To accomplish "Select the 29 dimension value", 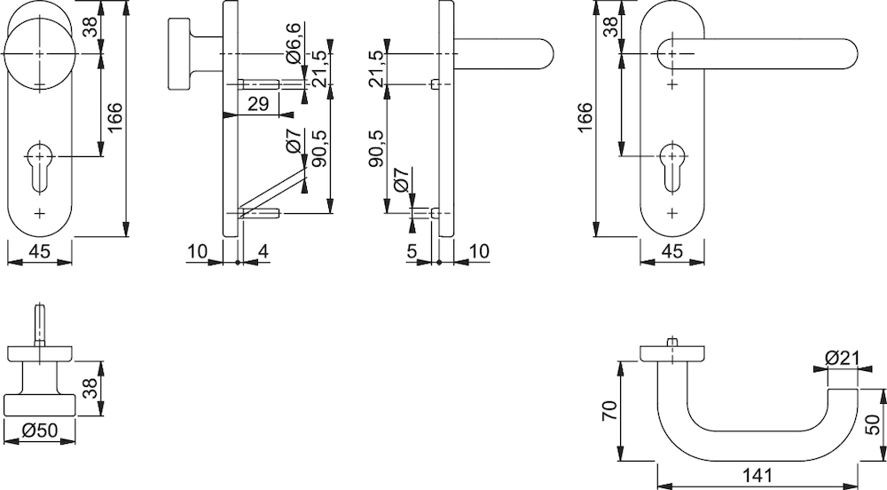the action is pyautogui.click(x=258, y=104).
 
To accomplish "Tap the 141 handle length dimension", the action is pyautogui.click(x=757, y=475).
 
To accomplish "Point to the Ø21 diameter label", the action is pyautogui.click(x=842, y=358).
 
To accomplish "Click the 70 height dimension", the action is pyautogui.click(x=609, y=411).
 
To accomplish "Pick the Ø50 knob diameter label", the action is pyautogui.click(x=40, y=431).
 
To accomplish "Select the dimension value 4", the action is pyautogui.click(x=263, y=250).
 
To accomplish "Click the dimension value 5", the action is pyautogui.click(x=412, y=250).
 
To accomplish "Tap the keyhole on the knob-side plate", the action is pyautogui.click(x=40, y=165).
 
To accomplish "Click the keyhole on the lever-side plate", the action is pyautogui.click(x=672, y=165).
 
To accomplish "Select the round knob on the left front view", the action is pyautogui.click(x=39, y=53).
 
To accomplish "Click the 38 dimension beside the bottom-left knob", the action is pyautogui.click(x=90, y=388).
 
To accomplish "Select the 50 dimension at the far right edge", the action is pyautogui.click(x=873, y=424).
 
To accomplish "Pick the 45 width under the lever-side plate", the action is pyautogui.click(x=672, y=250).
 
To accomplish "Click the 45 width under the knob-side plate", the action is pyautogui.click(x=40, y=250).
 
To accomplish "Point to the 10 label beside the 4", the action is pyautogui.click(x=198, y=250).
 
